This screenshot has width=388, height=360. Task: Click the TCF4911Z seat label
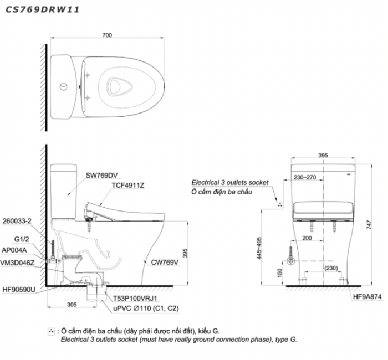(x=128, y=187)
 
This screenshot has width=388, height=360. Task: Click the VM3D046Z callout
(x=21, y=261)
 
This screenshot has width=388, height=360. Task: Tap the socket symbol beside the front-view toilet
(x=280, y=205)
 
